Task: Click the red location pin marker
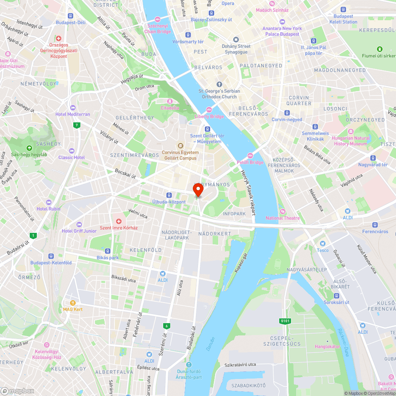point(198,190)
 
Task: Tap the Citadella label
point(170,107)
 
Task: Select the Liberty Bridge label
point(209,116)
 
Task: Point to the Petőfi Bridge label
point(250,162)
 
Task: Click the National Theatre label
point(282,218)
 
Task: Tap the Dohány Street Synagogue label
point(236,49)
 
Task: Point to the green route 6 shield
point(167,326)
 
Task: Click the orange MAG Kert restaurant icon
point(67,303)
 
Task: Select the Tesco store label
point(322,250)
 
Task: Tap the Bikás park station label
point(107,257)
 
